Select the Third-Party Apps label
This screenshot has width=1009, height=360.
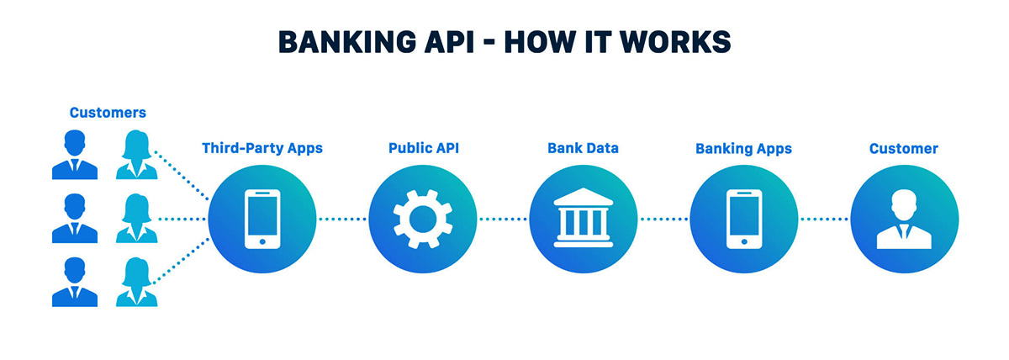pyautogui.click(x=262, y=149)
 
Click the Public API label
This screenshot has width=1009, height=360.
pyautogui.click(x=423, y=149)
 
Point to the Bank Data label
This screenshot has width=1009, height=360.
pyautogui.click(x=584, y=149)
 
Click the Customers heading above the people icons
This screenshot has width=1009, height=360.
pyautogui.click(x=108, y=113)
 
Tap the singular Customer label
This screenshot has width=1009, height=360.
pyautogui.click(x=904, y=149)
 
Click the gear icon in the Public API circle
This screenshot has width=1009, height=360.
pyautogui.click(x=423, y=219)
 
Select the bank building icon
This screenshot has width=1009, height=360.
pyautogui.click(x=584, y=219)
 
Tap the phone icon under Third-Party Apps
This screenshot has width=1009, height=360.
pyautogui.click(x=262, y=219)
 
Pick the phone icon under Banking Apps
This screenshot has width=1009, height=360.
pyautogui.click(x=743, y=219)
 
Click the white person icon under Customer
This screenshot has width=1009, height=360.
pyautogui.click(x=904, y=220)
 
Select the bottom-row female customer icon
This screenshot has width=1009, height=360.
pyautogui.click(x=135, y=283)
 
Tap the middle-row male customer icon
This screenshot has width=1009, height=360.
pyautogui.click(x=75, y=219)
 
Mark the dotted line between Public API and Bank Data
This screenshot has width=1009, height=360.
pyautogui.click(x=503, y=220)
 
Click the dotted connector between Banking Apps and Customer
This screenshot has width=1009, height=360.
pyautogui.click(x=824, y=220)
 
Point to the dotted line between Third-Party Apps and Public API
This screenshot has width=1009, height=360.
pyautogui.click(x=342, y=220)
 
